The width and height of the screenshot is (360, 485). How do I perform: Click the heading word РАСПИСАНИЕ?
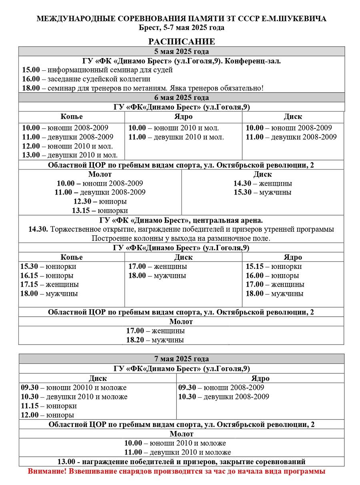click(x=182, y=42)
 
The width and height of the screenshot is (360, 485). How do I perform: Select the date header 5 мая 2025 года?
click(x=182, y=52)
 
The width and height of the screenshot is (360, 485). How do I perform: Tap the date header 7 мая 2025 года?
click(x=182, y=359)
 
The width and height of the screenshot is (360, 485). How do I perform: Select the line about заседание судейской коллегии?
click(x=86, y=79)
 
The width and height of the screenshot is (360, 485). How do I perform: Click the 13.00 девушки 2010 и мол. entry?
click(x=70, y=155)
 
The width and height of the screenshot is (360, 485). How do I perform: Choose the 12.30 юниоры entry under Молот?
click(x=100, y=201)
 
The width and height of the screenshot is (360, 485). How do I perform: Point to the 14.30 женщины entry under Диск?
click(x=262, y=184)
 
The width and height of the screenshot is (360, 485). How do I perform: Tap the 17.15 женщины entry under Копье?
click(x=50, y=285)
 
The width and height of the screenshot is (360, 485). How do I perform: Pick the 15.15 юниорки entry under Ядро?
click(x=274, y=267)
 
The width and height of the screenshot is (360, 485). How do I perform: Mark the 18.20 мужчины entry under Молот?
click(x=155, y=340)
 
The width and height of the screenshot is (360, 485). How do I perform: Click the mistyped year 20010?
click(x=82, y=388)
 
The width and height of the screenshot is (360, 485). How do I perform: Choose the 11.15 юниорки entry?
click(x=49, y=406)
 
